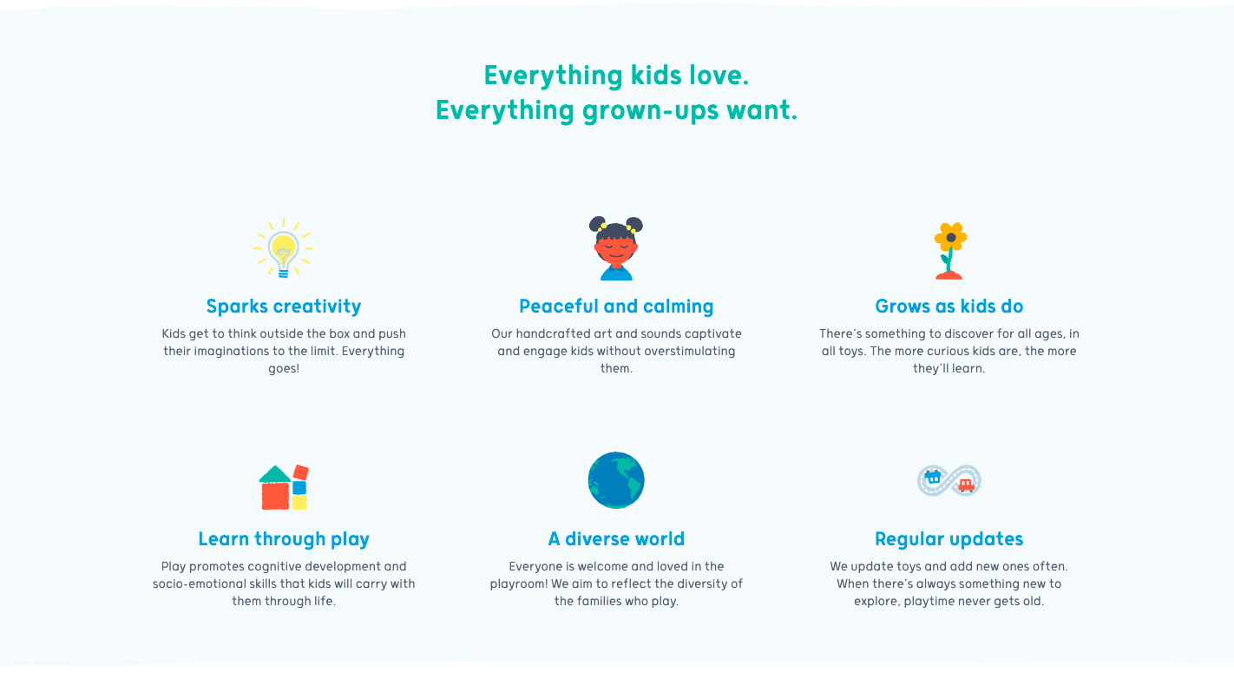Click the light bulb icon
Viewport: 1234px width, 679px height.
pos(283,248)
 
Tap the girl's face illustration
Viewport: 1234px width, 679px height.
pos(616,248)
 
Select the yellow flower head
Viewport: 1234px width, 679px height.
pos(951,238)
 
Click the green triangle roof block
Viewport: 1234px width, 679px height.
pos(275,474)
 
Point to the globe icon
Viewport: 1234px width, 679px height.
pos(616,480)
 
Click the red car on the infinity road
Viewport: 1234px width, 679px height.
pos(966,485)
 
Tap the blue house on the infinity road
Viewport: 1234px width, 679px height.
pos(933,477)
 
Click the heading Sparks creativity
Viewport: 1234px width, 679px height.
pos(284,307)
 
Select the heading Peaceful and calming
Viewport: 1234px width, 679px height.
pos(616,307)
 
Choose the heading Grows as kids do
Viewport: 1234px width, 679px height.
pos(949,307)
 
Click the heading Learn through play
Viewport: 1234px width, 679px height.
pos(284,539)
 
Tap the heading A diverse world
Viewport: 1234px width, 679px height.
pos(616,539)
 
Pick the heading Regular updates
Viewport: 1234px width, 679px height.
pos(949,539)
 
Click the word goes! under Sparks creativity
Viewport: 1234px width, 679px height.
pos(284,369)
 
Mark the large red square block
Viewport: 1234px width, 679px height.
pos(275,496)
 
